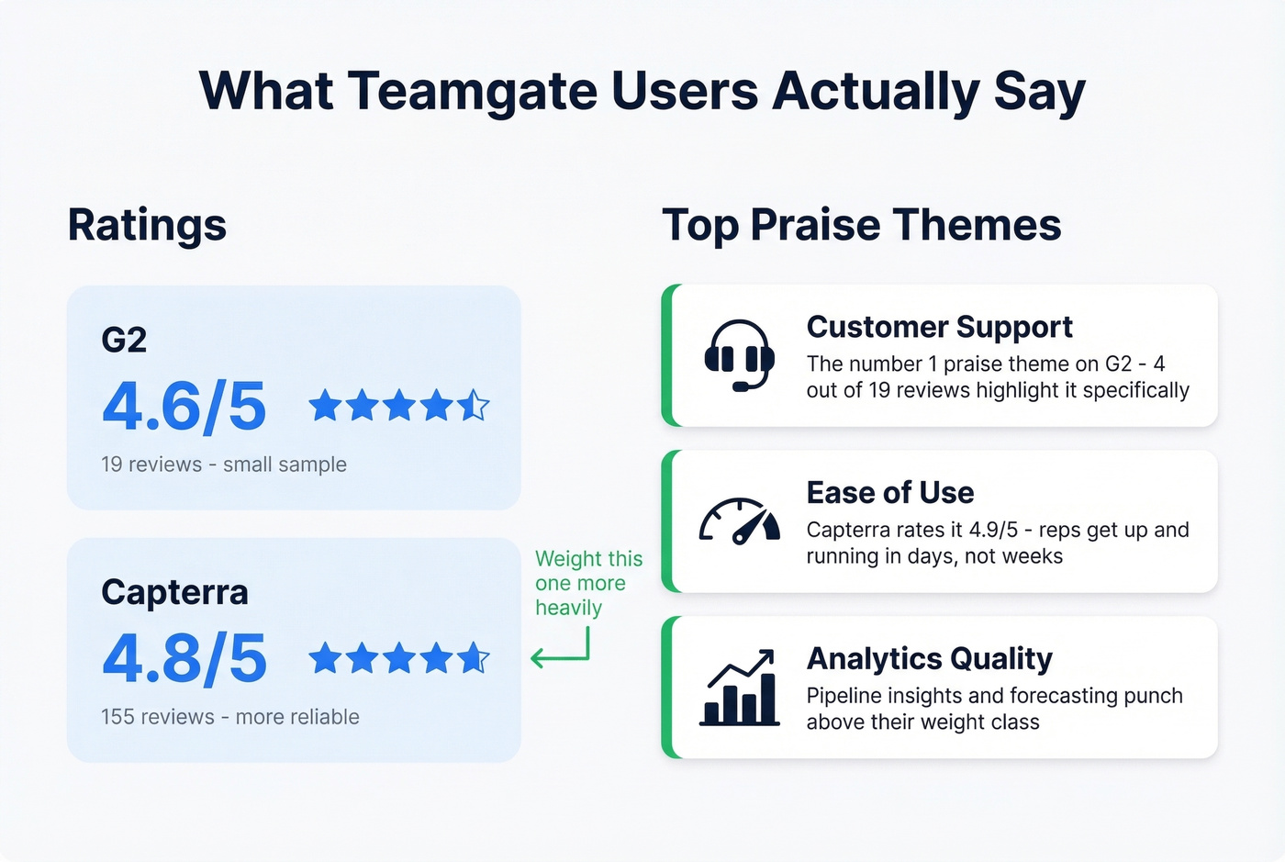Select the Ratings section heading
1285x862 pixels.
click(147, 225)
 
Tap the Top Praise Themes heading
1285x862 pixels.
click(861, 225)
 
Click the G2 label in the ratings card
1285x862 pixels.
click(124, 341)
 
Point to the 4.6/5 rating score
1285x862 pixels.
click(184, 407)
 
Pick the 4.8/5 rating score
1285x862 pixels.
click(184, 659)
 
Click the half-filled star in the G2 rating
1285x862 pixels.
click(474, 405)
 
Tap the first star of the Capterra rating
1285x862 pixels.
click(325, 657)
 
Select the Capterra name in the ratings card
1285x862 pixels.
click(174, 593)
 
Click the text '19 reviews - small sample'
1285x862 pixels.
click(224, 465)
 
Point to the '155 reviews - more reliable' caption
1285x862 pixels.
click(230, 717)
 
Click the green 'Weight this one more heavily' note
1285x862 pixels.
click(587, 584)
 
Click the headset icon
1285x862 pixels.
click(739, 355)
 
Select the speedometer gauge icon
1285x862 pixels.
click(739, 521)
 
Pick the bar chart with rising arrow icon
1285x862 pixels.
click(740, 688)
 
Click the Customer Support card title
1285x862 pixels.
click(939, 327)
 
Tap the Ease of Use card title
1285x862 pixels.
click(889, 493)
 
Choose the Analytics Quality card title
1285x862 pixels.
click(929, 659)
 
